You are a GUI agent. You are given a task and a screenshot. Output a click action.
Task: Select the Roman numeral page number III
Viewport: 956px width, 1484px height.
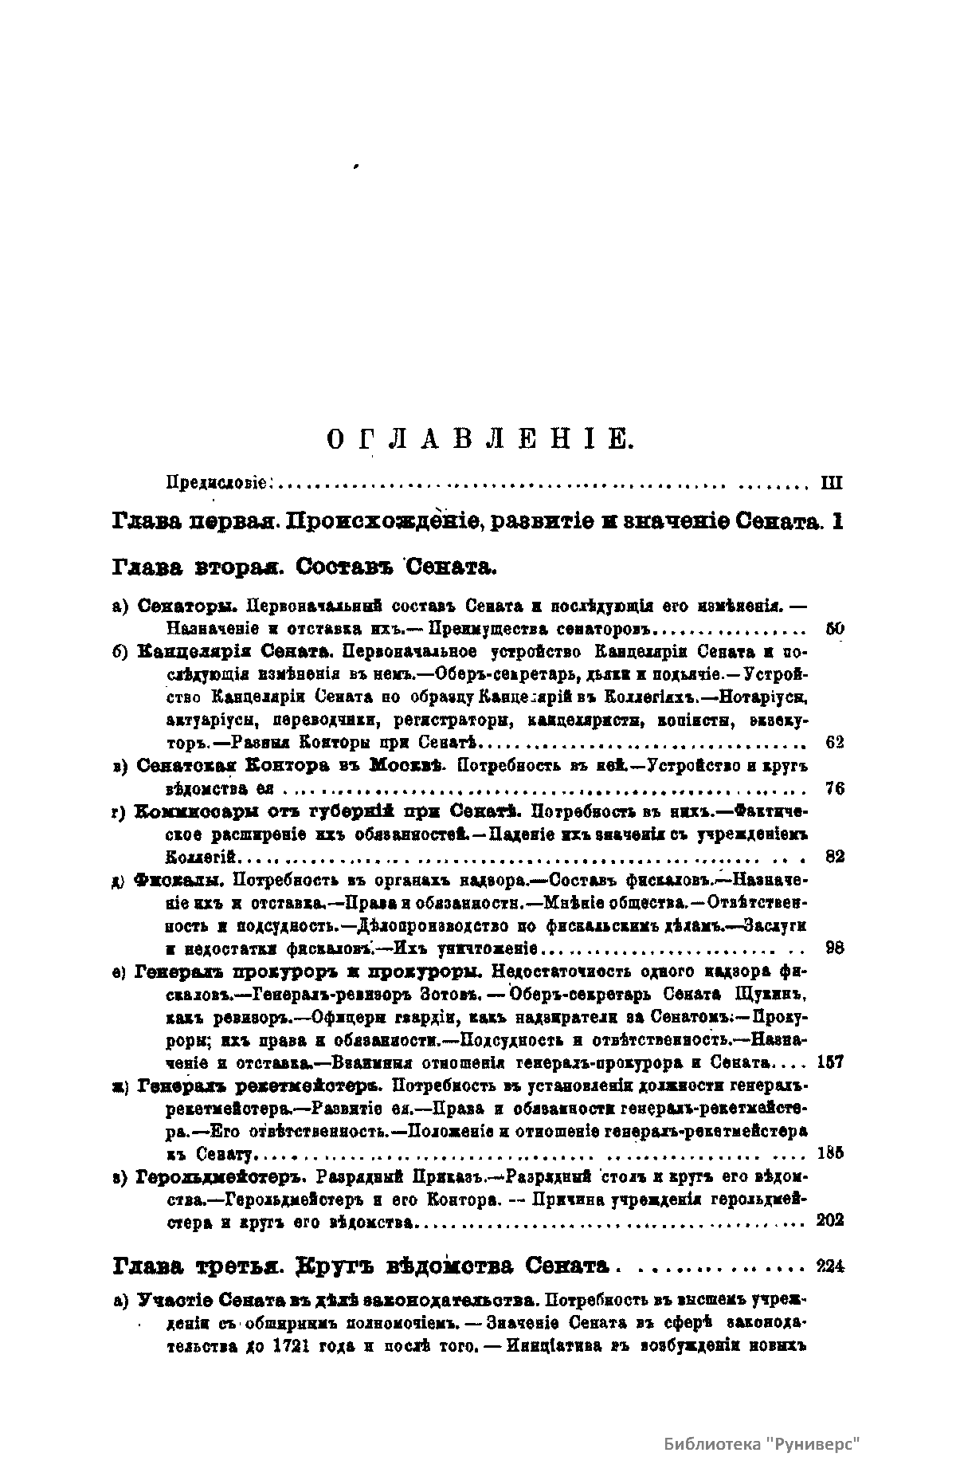[830, 482]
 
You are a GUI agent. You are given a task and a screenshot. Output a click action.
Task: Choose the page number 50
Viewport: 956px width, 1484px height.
[835, 629]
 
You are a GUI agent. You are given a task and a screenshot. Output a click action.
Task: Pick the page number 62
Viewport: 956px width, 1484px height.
[835, 743]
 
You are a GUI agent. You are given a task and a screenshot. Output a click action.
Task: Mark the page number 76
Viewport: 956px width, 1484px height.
[835, 789]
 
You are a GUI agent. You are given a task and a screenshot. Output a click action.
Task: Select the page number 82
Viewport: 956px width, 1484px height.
[835, 857]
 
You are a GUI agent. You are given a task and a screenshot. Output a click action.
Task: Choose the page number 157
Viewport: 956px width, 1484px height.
[830, 1062]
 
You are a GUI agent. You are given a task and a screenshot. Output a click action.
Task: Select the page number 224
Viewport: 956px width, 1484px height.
[830, 1266]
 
